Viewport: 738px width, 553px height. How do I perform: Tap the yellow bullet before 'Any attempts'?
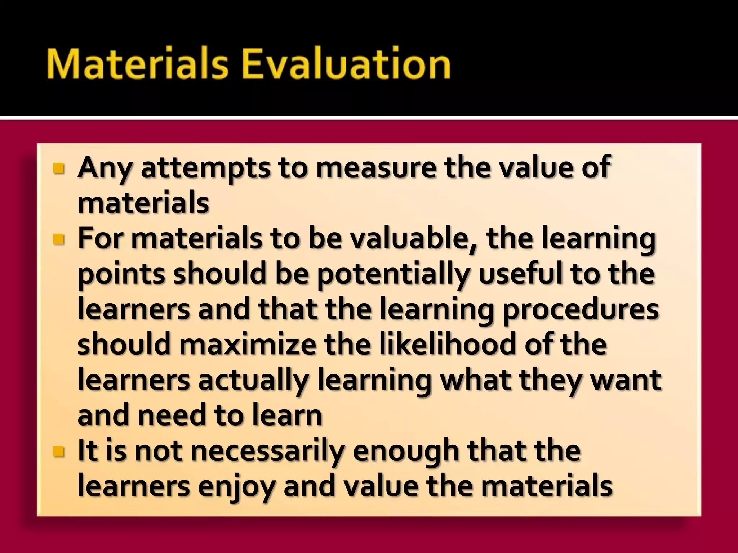click(58, 168)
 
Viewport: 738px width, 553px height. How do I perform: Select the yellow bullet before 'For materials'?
click(58, 239)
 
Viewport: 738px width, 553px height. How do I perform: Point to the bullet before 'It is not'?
click(58, 451)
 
